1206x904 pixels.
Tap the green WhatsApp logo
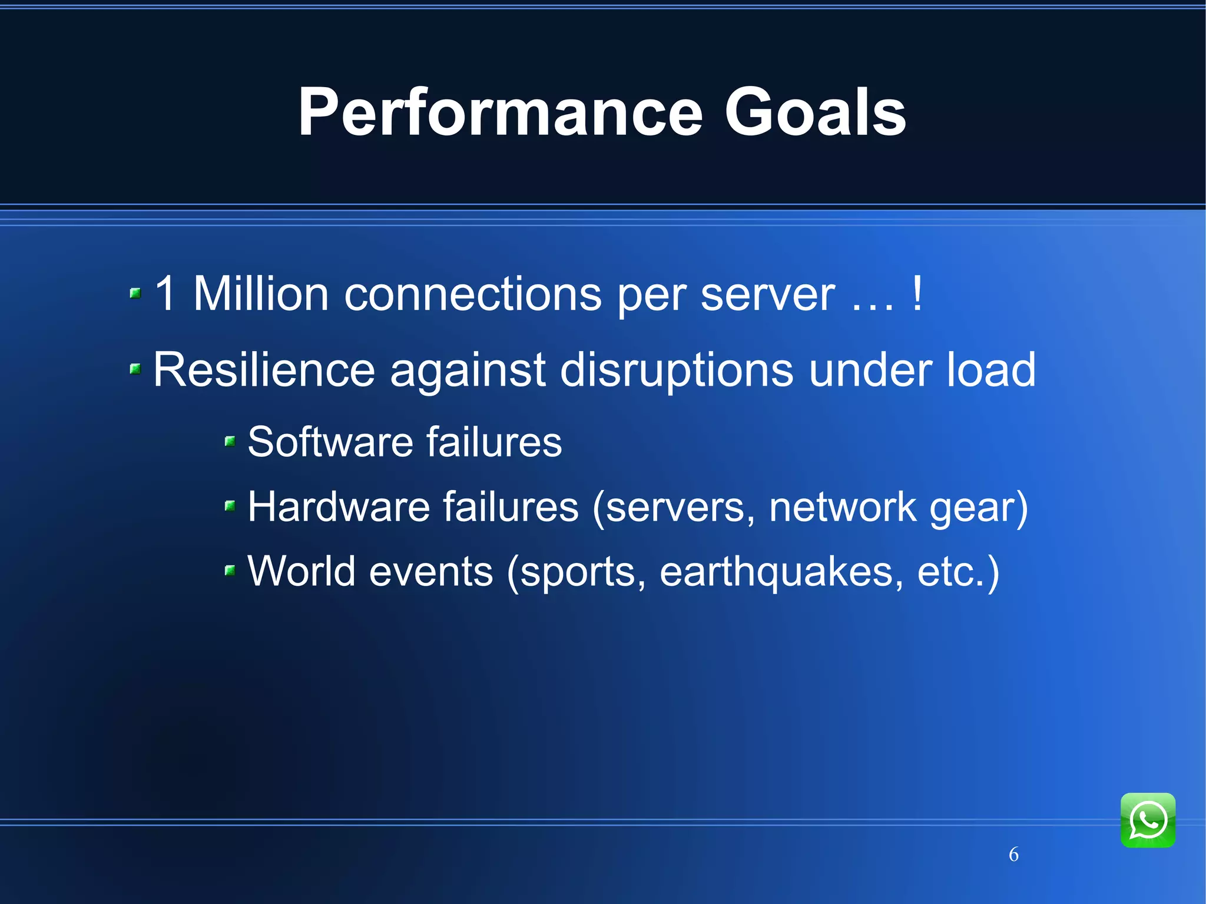(x=1148, y=820)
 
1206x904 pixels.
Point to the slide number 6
(x=1013, y=854)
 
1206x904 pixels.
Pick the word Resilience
(x=264, y=370)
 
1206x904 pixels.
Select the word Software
(x=330, y=442)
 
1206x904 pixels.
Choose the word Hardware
(x=339, y=506)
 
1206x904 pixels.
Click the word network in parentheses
(x=843, y=506)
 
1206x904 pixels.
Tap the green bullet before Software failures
(x=230, y=441)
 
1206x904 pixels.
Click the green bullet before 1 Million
(x=135, y=293)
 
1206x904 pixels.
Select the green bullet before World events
(x=230, y=569)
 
